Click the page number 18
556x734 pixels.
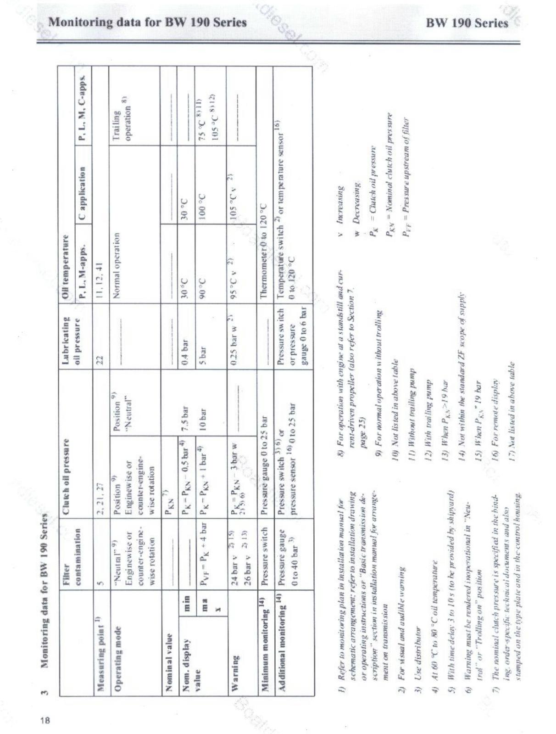[44, 719]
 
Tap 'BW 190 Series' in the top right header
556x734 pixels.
[467, 23]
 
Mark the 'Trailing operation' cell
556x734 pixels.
[122, 122]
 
